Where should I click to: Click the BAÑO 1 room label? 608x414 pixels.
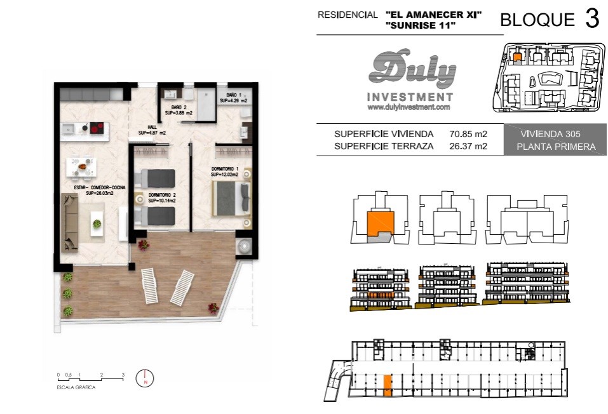pyautogui.click(x=233, y=98)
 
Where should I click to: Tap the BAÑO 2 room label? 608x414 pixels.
pyautogui.click(x=179, y=110)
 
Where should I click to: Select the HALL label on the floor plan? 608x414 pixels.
pyautogui.click(x=152, y=130)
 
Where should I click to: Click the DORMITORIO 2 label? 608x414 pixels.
pyautogui.click(x=162, y=197)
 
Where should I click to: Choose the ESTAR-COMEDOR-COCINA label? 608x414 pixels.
pyautogui.click(x=100, y=190)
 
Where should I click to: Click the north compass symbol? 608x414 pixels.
pyautogui.click(x=145, y=378)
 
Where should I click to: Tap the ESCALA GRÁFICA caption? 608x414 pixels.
pyautogui.click(x=76, y=387)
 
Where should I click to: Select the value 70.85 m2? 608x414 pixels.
pyautogui.click(x=468, y=134)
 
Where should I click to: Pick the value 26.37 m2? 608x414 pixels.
pyautogui.click(x=468, y=146)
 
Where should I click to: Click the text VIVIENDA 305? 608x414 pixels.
pyautogui.click(x=550, y=134)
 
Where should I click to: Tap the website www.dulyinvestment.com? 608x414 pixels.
pyautogui.click(x=409, y=107)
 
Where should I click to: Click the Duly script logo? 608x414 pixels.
pyautogui.click(x=412, y=69)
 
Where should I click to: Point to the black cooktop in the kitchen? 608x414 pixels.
pyautogui.click(x=97, y=128)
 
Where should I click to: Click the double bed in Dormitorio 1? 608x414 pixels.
pyautogui.click(x=231, y=199)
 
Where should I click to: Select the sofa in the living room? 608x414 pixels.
pyautogui.click(x=70, y=222)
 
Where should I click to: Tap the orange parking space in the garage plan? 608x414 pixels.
pyautogui.click(x=388, y=385)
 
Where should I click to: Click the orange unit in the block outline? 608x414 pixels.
pyautogui.click(x=380, y=224)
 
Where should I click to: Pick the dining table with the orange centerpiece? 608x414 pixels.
pyautogui.click(x=81, y=167)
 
